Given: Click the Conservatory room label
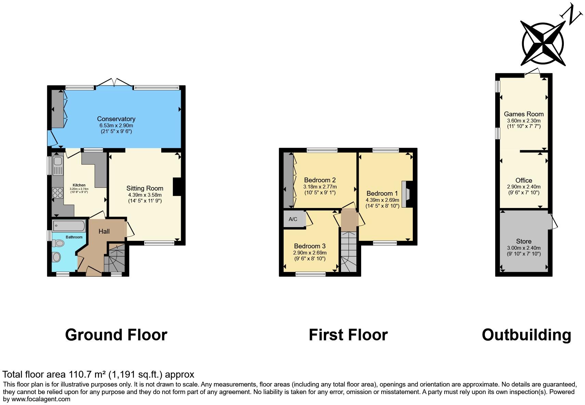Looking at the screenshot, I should pos(116,119).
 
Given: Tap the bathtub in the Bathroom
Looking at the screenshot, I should pos(69,226).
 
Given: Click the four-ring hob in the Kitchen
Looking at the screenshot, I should pos(57,193).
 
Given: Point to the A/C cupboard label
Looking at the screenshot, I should pos(293,219).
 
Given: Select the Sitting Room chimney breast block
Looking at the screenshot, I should pos(177,187).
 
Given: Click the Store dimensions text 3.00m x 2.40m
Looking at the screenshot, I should pos(523,248).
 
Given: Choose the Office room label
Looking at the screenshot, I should pos(523,180).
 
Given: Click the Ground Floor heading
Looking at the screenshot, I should pos(116,335).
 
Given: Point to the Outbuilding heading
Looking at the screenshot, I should pos(526,335).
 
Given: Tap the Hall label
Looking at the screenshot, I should pos(104,232).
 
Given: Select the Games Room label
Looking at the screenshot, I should pos(523,114).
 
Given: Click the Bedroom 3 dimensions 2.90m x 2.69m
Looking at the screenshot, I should pos(310,253).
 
